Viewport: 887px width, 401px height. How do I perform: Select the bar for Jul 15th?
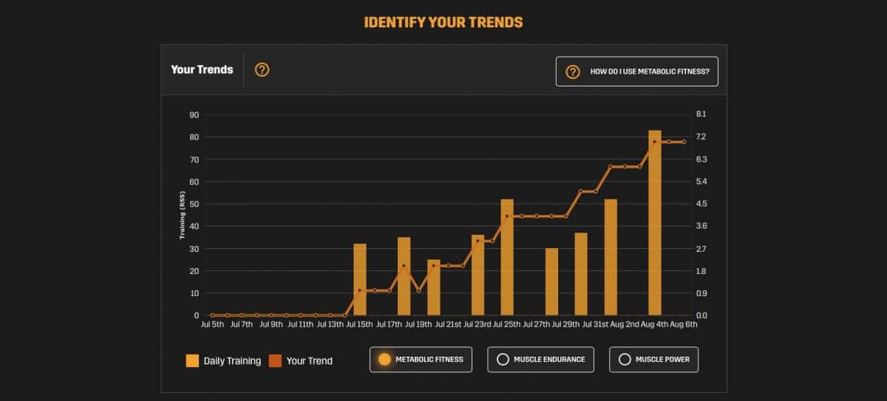(360, 280)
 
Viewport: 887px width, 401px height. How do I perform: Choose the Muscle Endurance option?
(541, 360)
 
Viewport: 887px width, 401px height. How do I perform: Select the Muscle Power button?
(653, 360)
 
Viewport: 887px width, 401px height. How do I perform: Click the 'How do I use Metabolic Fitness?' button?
(636, 72)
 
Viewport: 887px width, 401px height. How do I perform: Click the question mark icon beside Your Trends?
(262, 70)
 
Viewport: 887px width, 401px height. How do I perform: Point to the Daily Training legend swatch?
(192, 360)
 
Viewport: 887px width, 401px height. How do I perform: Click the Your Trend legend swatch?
(275, 360)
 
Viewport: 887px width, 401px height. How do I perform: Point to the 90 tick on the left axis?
(194, 114)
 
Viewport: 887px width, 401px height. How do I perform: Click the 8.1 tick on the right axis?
(701, 114)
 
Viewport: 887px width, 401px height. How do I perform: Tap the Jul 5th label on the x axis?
(212, 324)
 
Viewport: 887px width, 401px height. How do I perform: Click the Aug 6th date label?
(683, 324)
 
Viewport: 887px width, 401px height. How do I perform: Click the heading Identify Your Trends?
(443, 22)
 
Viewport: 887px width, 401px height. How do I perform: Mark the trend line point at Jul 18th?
(404, 266)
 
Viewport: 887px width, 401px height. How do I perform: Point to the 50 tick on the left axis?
(194, 204)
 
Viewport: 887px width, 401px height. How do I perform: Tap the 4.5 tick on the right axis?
(701, 204)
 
